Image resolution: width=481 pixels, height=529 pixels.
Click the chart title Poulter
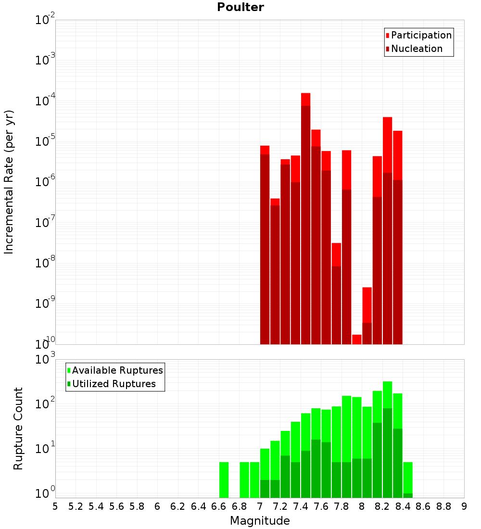point(240,7)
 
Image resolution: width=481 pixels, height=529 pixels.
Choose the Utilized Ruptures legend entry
point(114,384)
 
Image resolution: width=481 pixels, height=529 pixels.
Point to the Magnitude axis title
point(260,521)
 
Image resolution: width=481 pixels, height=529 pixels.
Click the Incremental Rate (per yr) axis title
point(9,182)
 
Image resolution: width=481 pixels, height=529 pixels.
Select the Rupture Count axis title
point(18,428)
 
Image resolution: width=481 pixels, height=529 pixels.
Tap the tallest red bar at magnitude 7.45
point(305,216)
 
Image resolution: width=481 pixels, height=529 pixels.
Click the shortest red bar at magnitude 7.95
point(356,340)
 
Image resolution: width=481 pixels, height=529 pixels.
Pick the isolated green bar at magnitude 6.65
point(224,479)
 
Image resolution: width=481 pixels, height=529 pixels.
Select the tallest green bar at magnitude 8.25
point(387,438)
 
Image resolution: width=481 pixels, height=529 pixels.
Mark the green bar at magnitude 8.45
point(407,479)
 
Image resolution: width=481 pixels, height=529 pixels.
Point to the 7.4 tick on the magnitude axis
point(301,506)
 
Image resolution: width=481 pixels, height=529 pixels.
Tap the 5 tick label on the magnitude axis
point(55,506)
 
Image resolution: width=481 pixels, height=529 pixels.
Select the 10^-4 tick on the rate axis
point(45,101)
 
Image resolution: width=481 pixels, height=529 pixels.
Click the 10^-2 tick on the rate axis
point(45,20)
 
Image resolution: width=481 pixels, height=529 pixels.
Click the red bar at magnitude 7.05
point(265,245)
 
